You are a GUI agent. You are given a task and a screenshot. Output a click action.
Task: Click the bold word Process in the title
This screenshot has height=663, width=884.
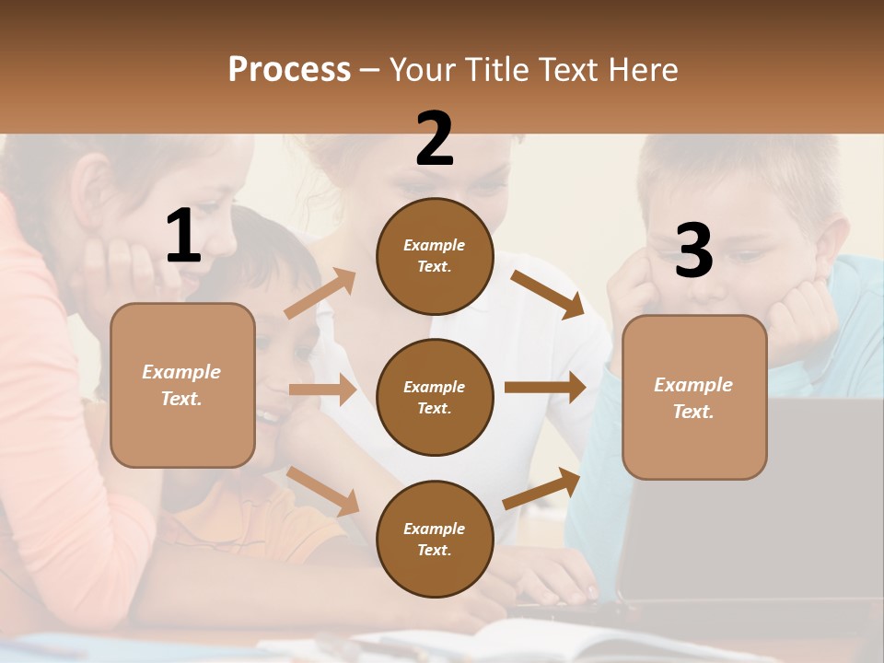(x=289, y=69)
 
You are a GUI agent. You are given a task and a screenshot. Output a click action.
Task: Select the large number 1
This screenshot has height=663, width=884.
(x=183, y=238)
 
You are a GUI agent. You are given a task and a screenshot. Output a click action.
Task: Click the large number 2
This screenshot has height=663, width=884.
(x=435, y=139)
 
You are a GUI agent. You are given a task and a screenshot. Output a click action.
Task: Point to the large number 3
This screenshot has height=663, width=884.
(x=693, y=252)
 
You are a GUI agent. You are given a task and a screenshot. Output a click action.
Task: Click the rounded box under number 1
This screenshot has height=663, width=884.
(x=182, y=385)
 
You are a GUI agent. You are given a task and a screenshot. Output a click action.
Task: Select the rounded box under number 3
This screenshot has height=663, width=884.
(x=694, y=397)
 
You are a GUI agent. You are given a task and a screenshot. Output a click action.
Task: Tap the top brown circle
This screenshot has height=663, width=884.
(x=435, y=256)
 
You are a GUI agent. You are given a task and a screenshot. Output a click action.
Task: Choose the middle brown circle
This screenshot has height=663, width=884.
(x=435, y=397)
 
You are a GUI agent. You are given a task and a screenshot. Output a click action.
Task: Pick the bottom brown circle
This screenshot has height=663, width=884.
(x=435, y=539)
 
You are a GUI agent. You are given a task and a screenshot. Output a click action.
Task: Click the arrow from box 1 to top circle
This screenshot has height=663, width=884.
(x=320, y=294)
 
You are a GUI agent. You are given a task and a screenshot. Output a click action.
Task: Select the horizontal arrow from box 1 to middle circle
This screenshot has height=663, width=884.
(x=322, y=390)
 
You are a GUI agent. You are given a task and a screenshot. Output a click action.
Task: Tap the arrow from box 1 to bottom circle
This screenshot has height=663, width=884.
(x=322, y=491)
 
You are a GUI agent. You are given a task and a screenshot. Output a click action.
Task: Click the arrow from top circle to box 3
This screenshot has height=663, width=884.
(x=547, y=294)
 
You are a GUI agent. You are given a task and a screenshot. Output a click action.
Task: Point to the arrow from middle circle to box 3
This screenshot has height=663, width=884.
(x=545, y=388)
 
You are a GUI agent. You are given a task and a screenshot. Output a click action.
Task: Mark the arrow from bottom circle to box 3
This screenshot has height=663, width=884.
(x=541, y=489)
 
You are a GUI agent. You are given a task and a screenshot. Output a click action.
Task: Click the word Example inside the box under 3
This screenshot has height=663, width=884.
(x=693, y=385)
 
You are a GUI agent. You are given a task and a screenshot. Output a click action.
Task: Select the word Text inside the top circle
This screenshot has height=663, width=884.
(x=433, y=267)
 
